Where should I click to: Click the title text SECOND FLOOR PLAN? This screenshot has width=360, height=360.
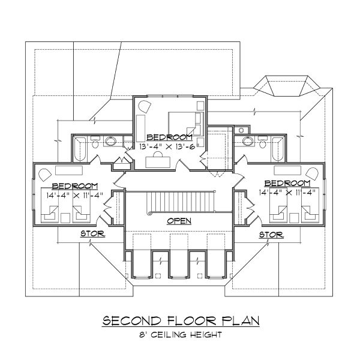pos(179,321)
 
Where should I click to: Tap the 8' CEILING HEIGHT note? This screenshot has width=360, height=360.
pos(179,335)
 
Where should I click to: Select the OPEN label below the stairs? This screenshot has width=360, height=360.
pos(179,221)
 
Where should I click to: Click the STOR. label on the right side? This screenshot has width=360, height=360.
pos(271,234)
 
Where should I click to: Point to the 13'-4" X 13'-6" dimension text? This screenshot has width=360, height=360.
pos(164,146)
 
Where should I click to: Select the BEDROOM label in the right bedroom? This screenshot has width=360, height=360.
pos(287,183)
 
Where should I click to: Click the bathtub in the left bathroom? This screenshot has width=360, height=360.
pos(80,149)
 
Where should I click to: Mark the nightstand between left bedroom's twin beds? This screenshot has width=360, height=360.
pos(66,212)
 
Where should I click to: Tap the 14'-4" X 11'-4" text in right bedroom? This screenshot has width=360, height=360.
pos(287,193)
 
